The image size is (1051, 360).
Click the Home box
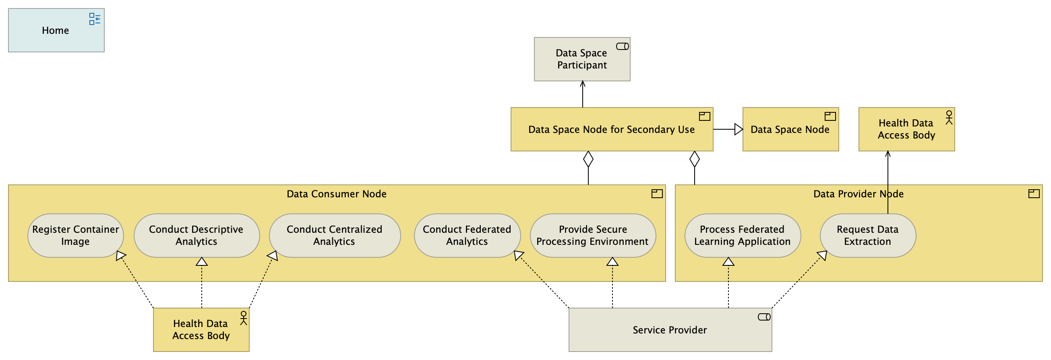click(56, 30)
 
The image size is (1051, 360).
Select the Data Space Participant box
click(582, 59)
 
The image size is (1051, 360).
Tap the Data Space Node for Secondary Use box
click(611, 129)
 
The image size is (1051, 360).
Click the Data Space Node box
click(790, 129)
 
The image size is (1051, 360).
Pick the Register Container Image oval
click(75, 236)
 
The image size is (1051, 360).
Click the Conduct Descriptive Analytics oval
click(196, 236)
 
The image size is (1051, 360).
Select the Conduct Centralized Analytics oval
click(334, 236)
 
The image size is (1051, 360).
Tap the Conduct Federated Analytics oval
click(467, 236)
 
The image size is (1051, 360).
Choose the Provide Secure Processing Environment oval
click(592, 236)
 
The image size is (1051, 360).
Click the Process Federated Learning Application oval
click(742, 236)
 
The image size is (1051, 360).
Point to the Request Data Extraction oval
click(867, 236)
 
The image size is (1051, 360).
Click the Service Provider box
click(670, 330)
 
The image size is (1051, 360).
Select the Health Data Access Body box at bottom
click(201, 330)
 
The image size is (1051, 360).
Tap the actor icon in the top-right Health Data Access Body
click(949, 118)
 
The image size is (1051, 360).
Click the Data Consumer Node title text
click(336, 194)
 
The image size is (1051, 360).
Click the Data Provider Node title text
click(858, 194)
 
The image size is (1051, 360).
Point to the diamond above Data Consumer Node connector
click(588, 159)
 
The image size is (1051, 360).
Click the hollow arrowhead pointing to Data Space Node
click(739, 129)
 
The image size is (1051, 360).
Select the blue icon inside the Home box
click(95, 19)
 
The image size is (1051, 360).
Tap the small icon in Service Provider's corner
click(764, 317)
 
